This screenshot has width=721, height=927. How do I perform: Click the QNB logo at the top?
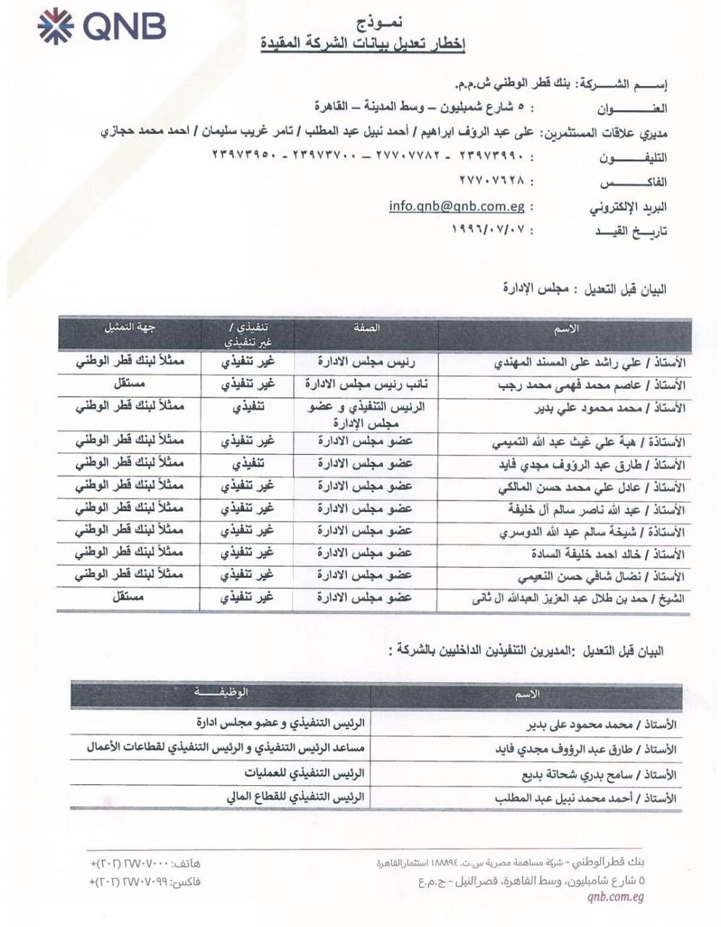pyautogui.click(x=101, y=26)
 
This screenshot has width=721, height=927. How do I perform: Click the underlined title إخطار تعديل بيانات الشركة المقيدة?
pyautogui.click(x=363, y=43)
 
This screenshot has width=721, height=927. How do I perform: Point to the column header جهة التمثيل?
pyautogui.click(x=131, y=327)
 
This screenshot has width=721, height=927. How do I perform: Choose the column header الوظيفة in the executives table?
pyautogui.click(x=221, y=692)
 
